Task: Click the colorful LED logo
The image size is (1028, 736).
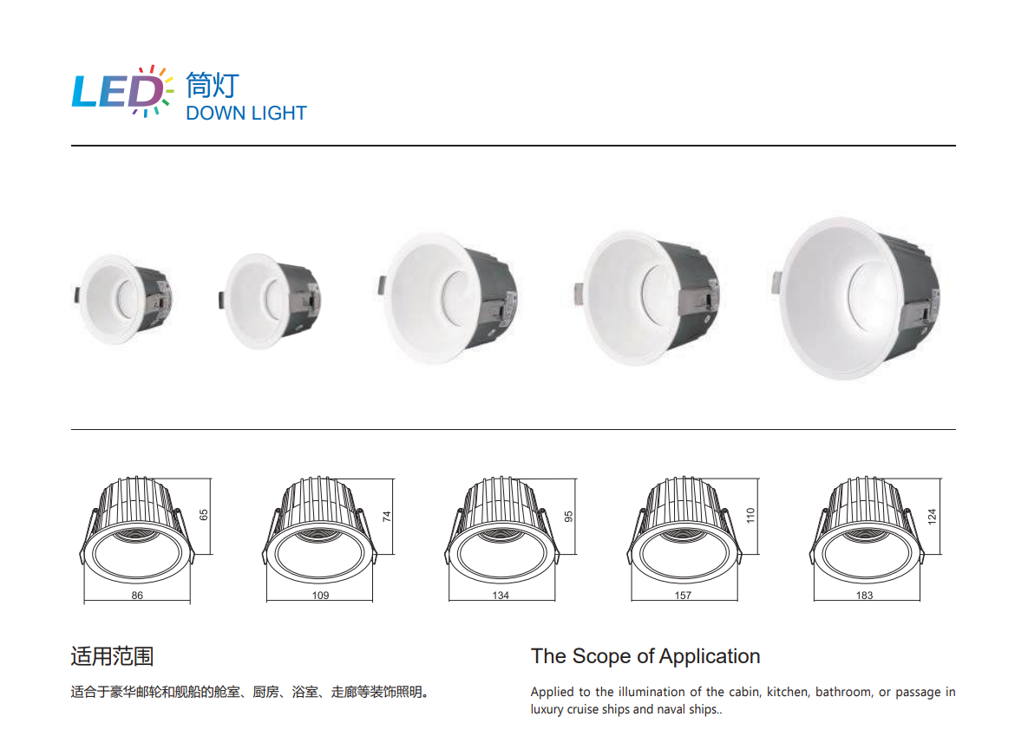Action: tap(122, 91)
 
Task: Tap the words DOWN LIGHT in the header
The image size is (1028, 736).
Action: tap(246, 114)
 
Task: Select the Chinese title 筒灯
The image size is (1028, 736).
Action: tap(213, 85)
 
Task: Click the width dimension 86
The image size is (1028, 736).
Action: tap(137, 595)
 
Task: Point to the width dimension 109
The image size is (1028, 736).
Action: tap(320, 595)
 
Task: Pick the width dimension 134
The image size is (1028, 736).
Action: tap(501, 595)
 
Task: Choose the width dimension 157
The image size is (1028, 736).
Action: tap(683, 595)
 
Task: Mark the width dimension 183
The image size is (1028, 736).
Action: tap(864, 595)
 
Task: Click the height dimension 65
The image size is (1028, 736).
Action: tap(204, 515)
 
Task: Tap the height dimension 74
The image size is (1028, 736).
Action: tap(387, 517)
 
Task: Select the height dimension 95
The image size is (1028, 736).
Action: tap(568, 517)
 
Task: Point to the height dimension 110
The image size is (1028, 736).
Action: tap(750, 515)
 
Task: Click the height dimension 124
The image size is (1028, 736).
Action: tap(933, 516)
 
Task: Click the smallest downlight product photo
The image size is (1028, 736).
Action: tap(123, 299)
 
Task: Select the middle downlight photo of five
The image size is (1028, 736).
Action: tap(448, 298)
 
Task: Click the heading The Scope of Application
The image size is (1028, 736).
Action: tap(645, 656)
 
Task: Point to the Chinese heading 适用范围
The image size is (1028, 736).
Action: tap(112, 656)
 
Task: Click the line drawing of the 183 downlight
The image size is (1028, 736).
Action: tap(867, 531)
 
